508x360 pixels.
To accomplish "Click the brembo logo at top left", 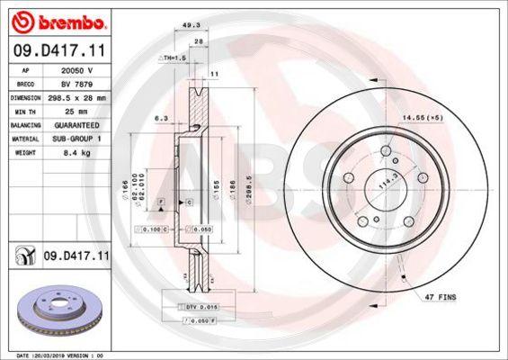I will tap(56, 19).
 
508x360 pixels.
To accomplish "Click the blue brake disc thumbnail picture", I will tap(58, 311).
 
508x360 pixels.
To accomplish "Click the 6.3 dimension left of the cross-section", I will tap(159, 119).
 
